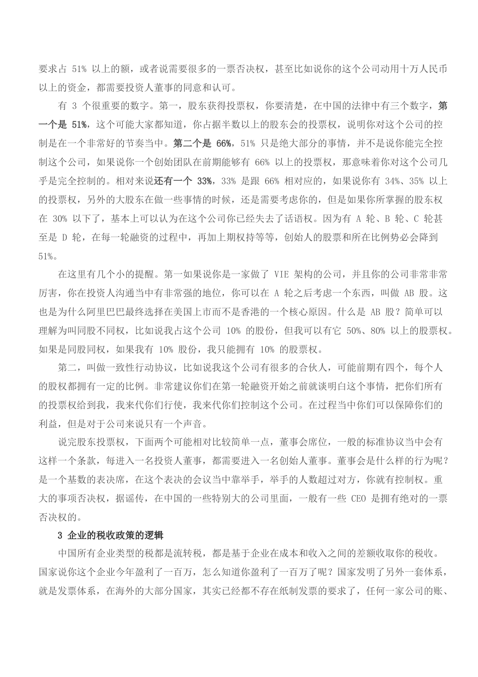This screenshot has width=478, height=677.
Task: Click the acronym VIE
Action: coord(283,275)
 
